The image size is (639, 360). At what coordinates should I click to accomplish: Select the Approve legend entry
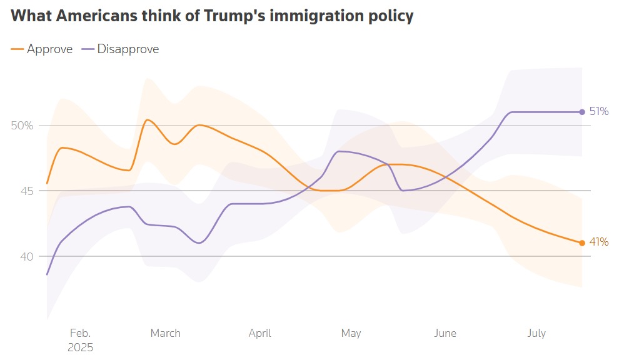tap(49, 49)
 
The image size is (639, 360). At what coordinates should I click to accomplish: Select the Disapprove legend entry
tap(128, 49)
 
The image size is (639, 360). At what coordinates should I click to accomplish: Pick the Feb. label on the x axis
tap(80, 333)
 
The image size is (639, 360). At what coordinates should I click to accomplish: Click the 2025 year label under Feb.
tap(80, 347)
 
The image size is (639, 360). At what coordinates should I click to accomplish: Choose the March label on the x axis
tap(165, 333)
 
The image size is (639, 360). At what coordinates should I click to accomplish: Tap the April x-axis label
tap(259, 333)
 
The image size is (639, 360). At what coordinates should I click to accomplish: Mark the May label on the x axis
tap(351, 333)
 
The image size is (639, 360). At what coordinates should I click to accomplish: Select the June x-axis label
tap(445, 333)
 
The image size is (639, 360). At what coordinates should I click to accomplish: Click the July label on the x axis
tap(536, 333)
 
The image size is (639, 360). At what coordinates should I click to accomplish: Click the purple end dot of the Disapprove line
tap(582, 112)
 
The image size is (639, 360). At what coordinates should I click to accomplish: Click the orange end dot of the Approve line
tap(582, 242)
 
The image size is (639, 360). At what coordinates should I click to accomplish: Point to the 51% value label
tap(598, 111)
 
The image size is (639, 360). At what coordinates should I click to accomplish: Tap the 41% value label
tap(598, 242)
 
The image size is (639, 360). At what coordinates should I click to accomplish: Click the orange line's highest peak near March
tap(147, 119)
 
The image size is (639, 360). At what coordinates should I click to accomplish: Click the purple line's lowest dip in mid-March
tap(199, 242)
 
